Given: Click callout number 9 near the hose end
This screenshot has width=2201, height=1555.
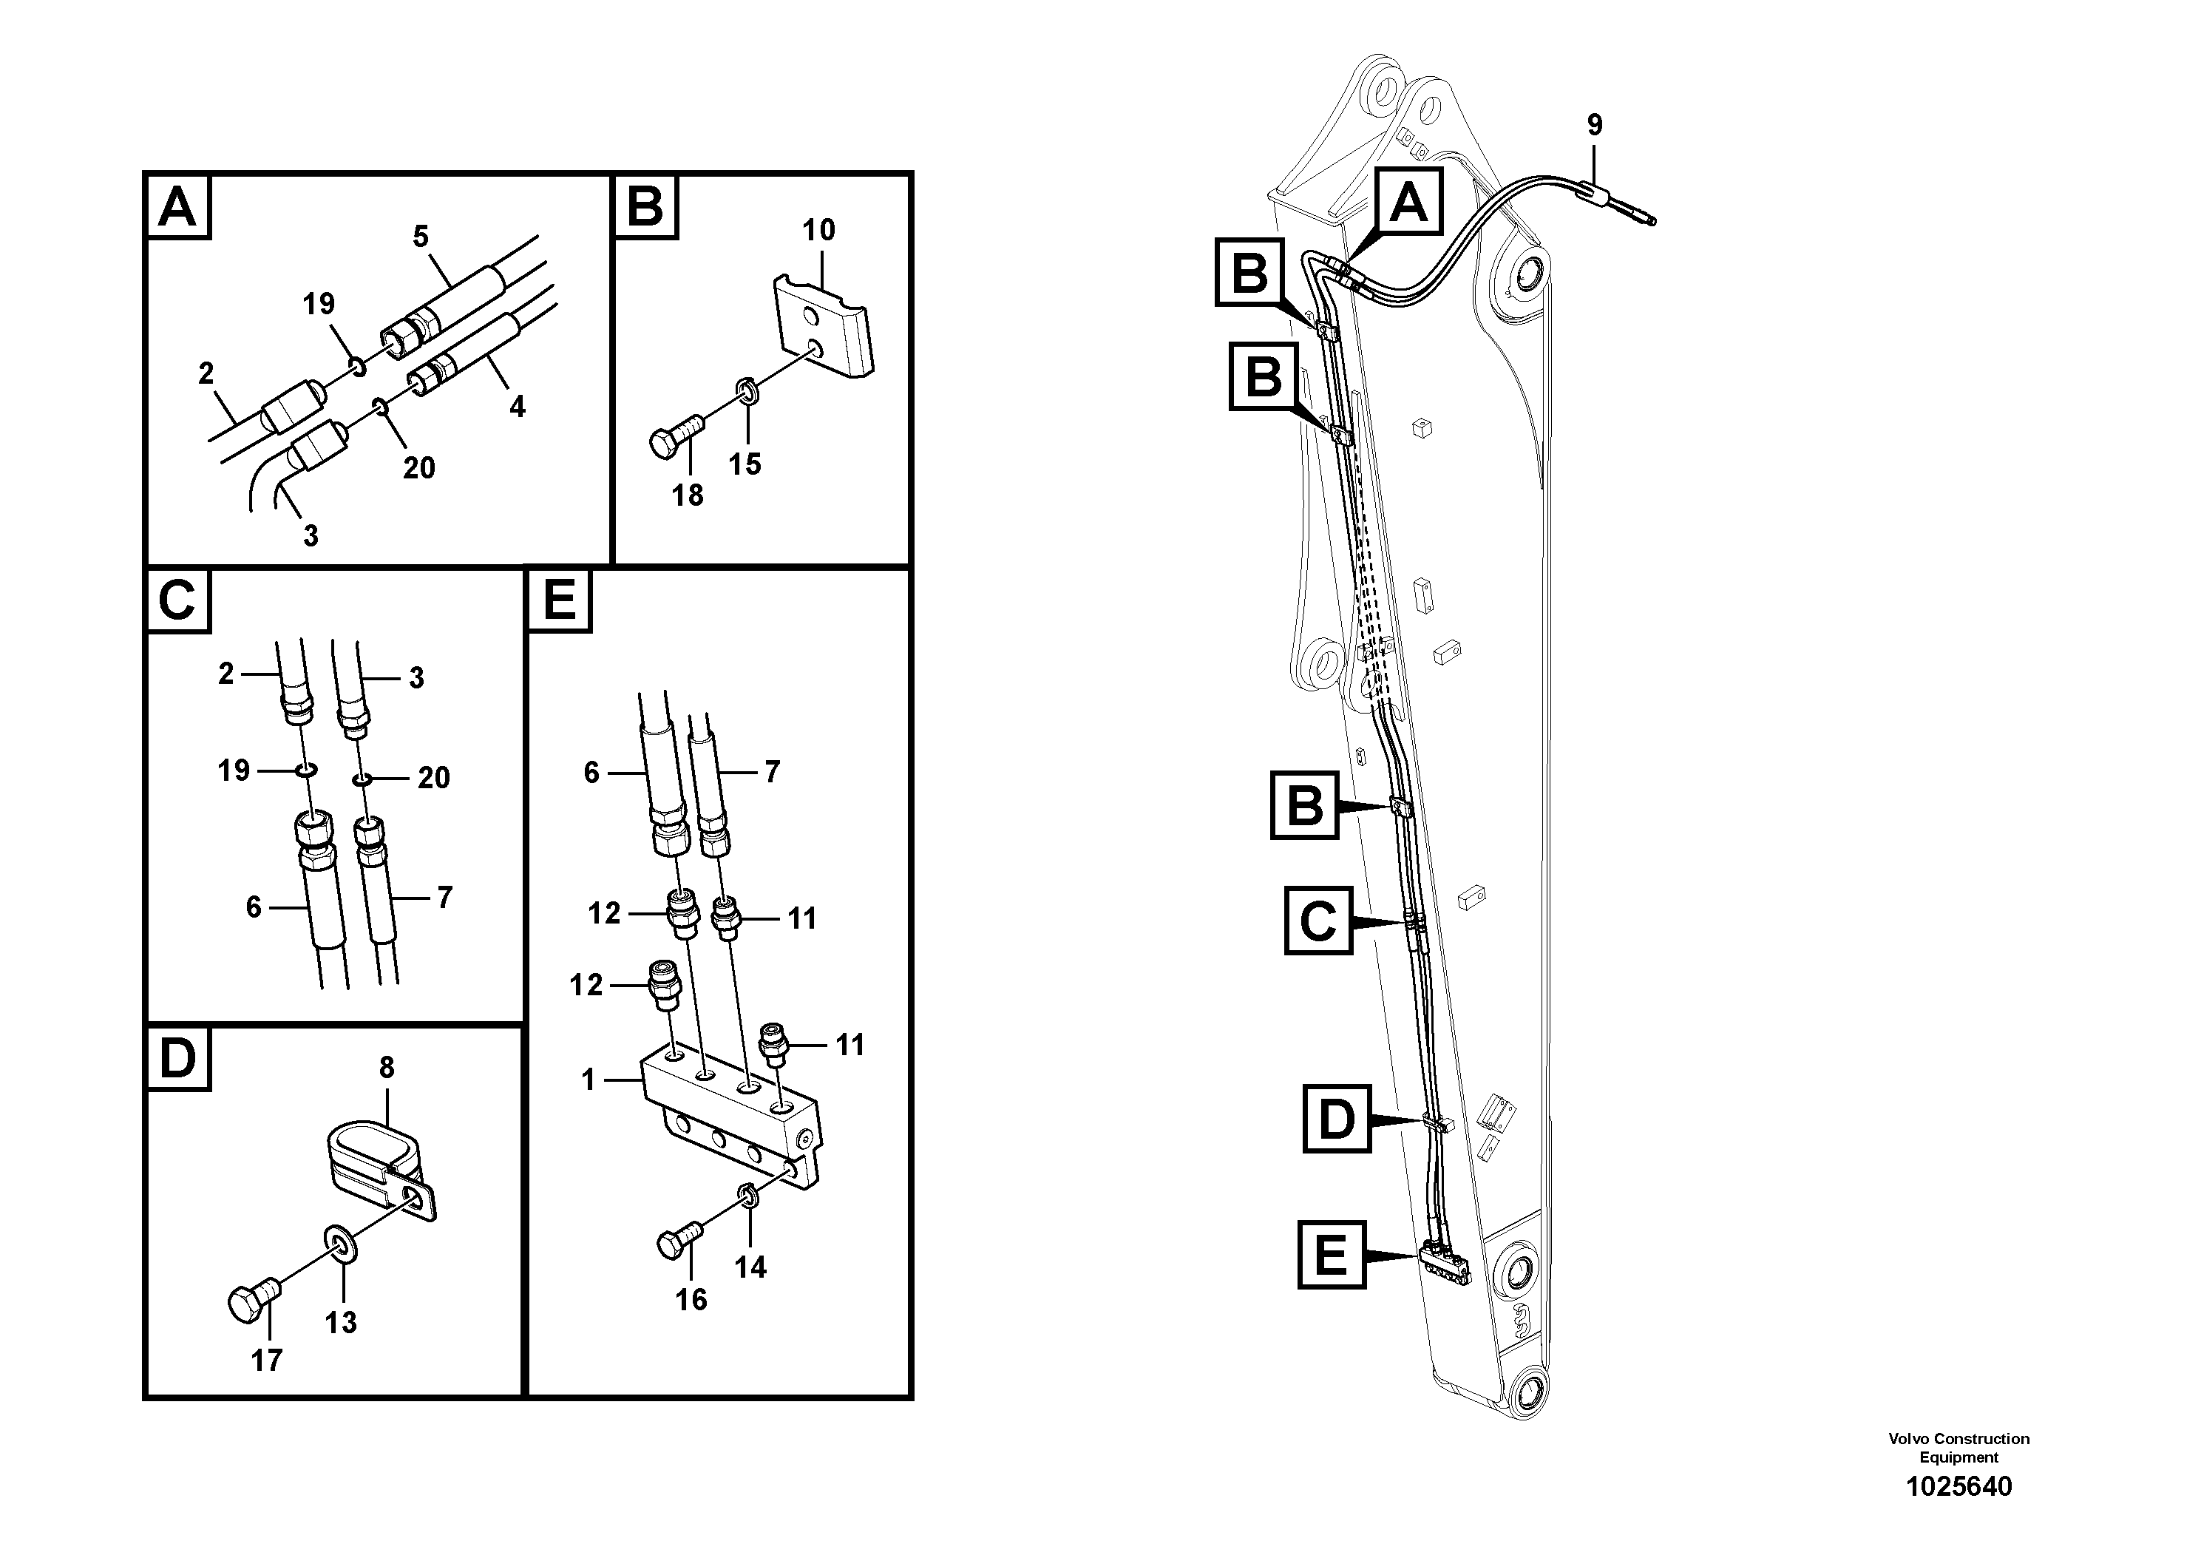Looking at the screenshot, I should point(1594,125).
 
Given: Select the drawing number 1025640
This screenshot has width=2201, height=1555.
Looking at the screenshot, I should point(1958,1487).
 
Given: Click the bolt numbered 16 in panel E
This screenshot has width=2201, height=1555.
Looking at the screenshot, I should point(678,1241).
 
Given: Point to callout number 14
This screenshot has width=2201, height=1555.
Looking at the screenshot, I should point(750,1267).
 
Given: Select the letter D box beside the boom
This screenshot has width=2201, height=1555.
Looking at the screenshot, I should point(1336,1119).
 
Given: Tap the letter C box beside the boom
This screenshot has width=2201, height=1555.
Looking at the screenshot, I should point(1318,921).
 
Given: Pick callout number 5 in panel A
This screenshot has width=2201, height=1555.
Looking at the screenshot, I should point(421,236).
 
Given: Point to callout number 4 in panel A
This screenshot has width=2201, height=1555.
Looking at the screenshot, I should point(517,407).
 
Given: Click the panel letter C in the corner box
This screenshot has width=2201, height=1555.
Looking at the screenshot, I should point(177,601).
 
